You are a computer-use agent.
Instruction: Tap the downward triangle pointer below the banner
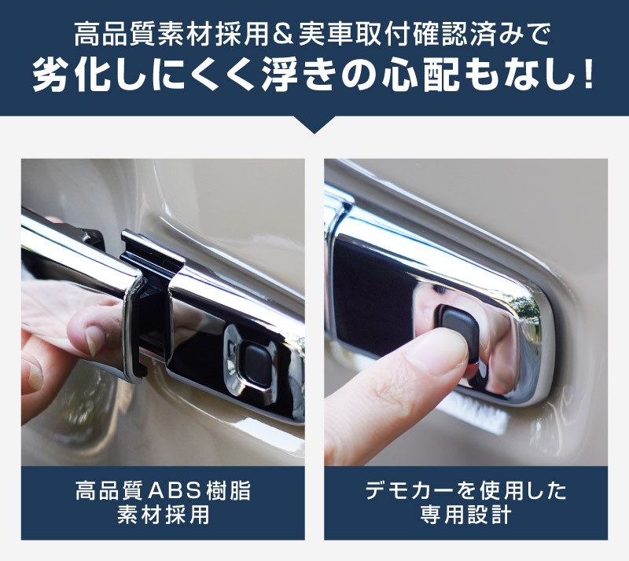click(314, 125)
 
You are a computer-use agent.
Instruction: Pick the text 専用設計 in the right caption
click(465, 515)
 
